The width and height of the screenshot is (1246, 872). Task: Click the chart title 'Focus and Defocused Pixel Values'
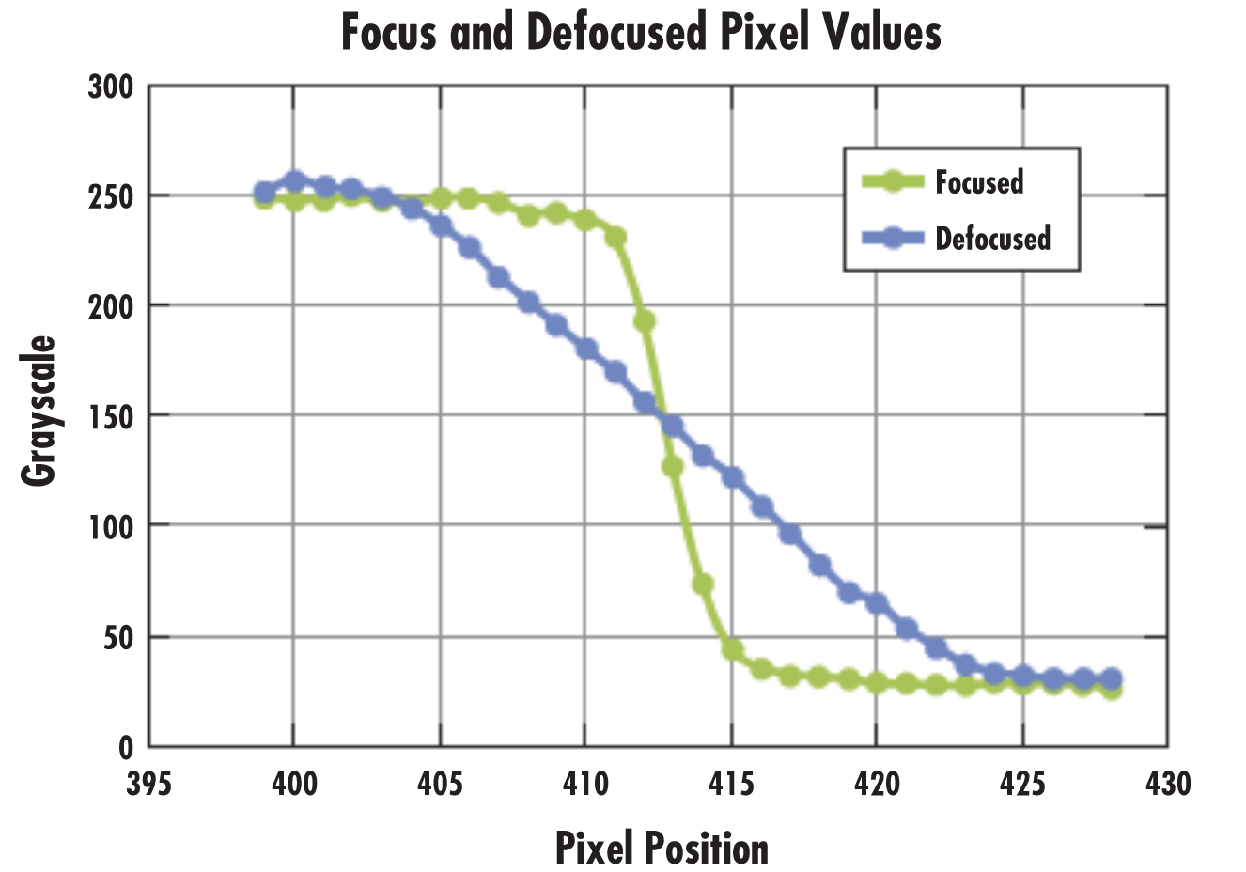tap(641, 34)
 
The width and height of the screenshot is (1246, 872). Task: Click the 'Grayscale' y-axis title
tap(39, 411)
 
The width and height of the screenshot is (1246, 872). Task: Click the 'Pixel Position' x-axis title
tap(662, 848)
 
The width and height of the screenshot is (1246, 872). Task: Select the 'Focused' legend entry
tap(978, 181)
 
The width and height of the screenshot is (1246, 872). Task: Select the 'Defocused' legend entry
tap(992, 238)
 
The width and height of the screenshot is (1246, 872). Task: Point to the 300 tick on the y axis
tap(112, 87)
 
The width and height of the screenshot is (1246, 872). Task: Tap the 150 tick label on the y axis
tap(112, 415)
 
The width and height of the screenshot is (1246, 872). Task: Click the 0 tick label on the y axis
tap(126, 748)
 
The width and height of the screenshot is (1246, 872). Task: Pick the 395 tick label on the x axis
tap(148, 783)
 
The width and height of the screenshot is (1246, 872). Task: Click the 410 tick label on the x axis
tap(584, 783)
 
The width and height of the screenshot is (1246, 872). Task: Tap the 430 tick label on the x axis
tap(1167, 783)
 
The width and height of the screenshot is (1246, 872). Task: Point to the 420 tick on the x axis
tap(876, 783)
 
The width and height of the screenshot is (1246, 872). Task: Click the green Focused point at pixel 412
tap(644, 321)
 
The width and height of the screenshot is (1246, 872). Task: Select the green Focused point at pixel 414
tap(702, 584)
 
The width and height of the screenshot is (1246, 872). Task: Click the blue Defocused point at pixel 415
tap(731, 477)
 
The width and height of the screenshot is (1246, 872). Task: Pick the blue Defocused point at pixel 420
tap(877, 603)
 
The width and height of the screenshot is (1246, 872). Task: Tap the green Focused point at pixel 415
tap(731, 649)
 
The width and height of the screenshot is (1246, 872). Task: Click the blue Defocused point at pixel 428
tap(1110, 679)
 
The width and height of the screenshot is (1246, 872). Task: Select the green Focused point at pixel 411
tap(615, 237)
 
